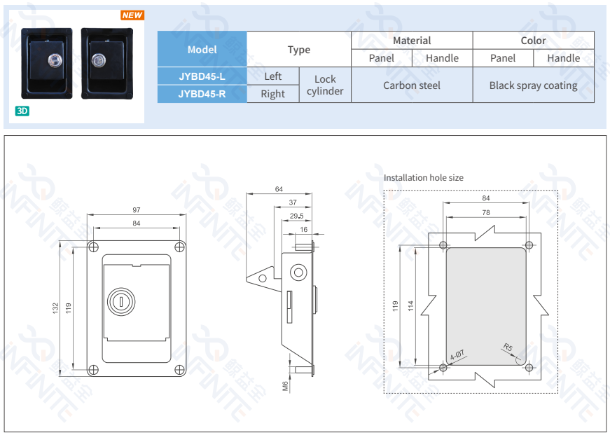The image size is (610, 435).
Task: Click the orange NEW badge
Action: point(132,15)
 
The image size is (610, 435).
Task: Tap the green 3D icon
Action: point(22,111)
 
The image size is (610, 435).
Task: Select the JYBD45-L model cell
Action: point(202,76)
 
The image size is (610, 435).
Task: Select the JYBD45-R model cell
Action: point(202,94)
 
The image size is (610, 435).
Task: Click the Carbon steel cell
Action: point(412,85)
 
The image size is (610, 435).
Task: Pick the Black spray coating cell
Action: point(533,85)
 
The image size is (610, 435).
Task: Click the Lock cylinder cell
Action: point(325,85)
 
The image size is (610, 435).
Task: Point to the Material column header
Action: point(412,41)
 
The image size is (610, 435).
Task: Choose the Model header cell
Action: point(202,50)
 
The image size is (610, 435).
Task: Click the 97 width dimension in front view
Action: point(137,210)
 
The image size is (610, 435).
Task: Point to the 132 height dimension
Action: point(55,308)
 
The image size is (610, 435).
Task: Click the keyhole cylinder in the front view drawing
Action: point(121,302)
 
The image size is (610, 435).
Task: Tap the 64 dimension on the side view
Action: point(279,189)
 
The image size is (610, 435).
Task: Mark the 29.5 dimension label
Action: point(296,216)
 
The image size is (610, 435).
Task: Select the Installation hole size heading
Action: point(423,178)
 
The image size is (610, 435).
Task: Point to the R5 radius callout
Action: point(508,347)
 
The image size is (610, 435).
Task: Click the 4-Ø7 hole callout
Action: point(457,354)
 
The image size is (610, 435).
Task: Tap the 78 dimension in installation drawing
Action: point(485,212)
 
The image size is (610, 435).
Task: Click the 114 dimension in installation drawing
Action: point(411,305)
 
